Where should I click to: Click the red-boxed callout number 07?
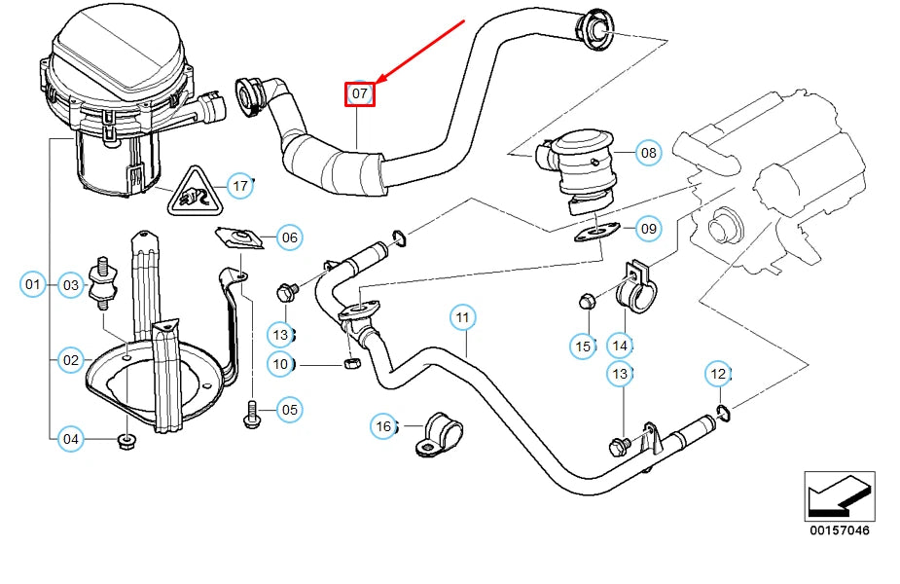click(360, 93)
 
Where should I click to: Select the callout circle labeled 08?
click(648, 153)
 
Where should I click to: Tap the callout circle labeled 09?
click(648, 230)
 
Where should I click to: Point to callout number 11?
click(462, 317)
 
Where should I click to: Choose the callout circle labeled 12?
click(718, 374)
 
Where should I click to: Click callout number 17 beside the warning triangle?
click(239, 185)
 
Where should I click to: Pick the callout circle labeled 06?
click(289, 237)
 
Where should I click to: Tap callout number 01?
click(33, 285)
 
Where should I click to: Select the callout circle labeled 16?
click(384, 426)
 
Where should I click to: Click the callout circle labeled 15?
click(583, 346)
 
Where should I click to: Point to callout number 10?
click(281, 365)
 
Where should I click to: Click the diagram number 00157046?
click(839, 530)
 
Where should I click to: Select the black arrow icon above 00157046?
click(839, 495)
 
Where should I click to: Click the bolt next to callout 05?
click(251, 413)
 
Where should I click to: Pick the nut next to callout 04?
click(126, 442)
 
